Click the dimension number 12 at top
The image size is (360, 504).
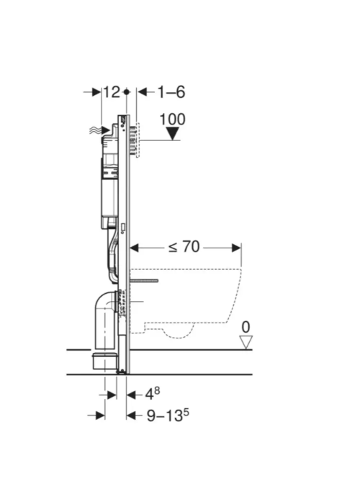click(111, 92)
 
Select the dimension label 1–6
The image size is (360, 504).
click(171, 92)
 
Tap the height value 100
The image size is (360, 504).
click(173, 120)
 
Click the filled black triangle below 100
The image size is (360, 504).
click(174, 133)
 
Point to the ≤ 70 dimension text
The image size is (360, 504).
click(184, 247)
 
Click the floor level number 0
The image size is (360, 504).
click(246, 327)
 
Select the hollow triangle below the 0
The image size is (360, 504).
click(246, 342)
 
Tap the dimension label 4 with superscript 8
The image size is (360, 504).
click(153, 394)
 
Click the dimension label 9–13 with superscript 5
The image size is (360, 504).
click(168, 415)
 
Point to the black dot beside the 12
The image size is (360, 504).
click(127, 92)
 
